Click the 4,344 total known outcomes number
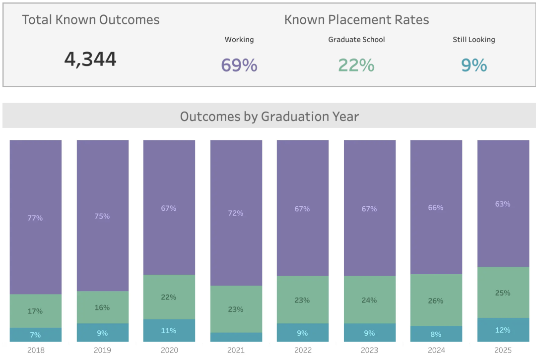pos(90,59)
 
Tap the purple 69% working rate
pos(239,65)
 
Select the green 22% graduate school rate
pos(356,65)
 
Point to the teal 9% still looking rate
pos(474,65)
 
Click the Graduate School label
pos(356,40)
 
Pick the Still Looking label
pos(474,40)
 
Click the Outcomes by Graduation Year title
pos(269,117)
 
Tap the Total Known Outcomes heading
pos(91,20)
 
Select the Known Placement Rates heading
pos(356,20)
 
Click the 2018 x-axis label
pos(36,350)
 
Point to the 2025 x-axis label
pos(503,350)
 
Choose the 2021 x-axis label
pos(236,350)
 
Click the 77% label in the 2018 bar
pos(35,218)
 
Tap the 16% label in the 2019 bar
pos(102,307)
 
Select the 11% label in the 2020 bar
pos(169,331)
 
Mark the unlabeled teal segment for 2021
pos(236,337)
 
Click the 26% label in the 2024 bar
pos(436,301)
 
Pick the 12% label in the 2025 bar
pos(503,330)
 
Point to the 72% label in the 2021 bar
pos(236,213)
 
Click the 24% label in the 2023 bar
pos(369,300)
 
